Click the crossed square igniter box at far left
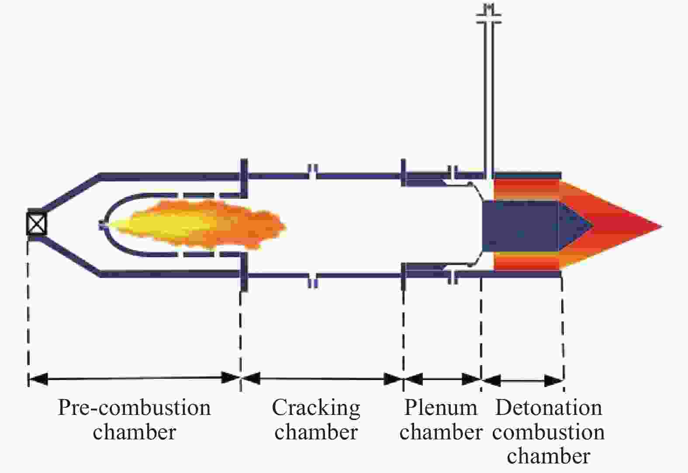click(x=37, y=223)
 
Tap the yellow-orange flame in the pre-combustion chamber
click(x=197, y=224)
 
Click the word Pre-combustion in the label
click(x=134, y=408)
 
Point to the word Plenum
click(x=441, y=407)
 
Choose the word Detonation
click(x=549, y=407)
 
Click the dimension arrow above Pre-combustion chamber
click(x=134, y=379)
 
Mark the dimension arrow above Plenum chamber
click(x=442, y=380)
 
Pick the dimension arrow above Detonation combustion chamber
click(x=522, y=381)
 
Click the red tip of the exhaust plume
click(x=657, y=227)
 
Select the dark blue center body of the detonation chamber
click(x=521, y=226)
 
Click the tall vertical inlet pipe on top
click(x=489, y=98)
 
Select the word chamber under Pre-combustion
click(x=134, y=432)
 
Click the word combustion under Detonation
click(x=548, y=432)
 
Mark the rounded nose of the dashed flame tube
click(x=105, y=224)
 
